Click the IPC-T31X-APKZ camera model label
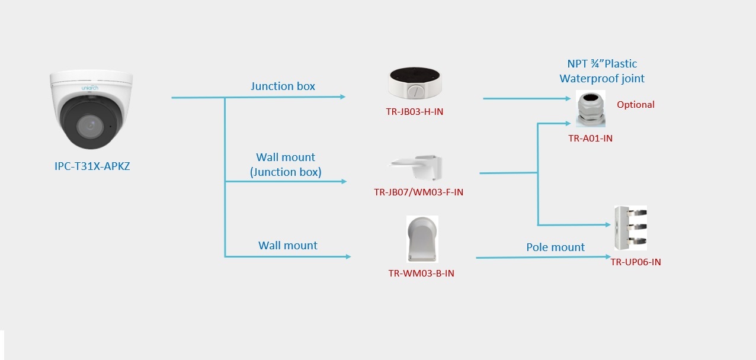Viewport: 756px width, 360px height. [x=92, y=166]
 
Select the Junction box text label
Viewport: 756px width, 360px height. [x=283, y=86]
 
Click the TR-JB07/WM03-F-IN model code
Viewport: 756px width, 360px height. [x=418, y=192]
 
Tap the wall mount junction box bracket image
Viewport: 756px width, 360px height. [x=415, y=166]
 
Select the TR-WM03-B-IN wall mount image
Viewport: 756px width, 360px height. [x=422, y=239]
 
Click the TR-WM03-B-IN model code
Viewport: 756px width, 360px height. [x=421, y=273]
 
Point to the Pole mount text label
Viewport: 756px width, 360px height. [x=555, y=247]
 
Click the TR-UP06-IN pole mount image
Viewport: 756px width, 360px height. [x=630, y=229]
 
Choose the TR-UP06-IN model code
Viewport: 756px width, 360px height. [x=636, y=262]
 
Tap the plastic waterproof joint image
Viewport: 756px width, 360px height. [x=591, y=109]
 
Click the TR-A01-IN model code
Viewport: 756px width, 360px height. [x=590, y=138]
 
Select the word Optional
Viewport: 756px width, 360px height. [x=635, y=105]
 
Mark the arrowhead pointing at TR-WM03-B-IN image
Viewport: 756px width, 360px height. [x=348, y=256]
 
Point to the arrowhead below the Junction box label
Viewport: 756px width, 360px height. [x=342, y=97]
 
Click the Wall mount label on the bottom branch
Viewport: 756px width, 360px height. [x=287, y=246]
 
